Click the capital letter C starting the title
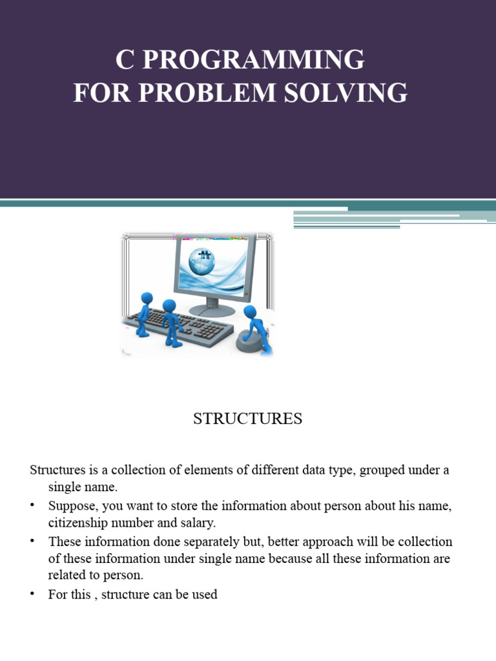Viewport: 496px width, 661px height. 124,60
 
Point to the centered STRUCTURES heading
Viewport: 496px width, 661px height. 248,419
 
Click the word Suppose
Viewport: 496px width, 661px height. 70,506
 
